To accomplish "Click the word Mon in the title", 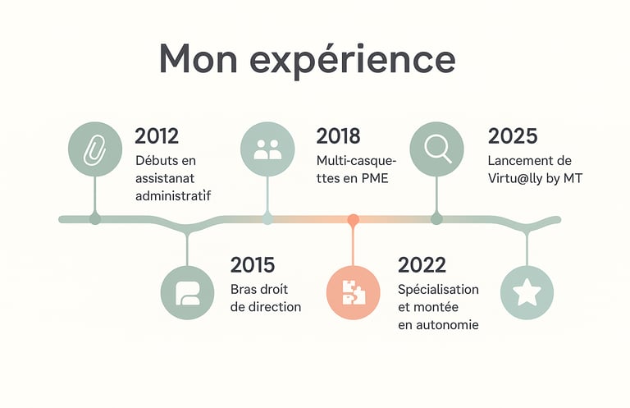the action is tap(199, 58).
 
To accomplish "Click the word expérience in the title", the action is tap(353, 61).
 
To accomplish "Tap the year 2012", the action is tap(157, 136).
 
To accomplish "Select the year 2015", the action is tap(253, 265).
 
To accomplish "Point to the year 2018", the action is tap(338, 136).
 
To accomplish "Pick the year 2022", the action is tap(422, 265).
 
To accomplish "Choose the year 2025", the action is tap(513, 136).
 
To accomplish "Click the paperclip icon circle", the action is tap(95, 149).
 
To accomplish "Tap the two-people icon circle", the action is tap(267, 149).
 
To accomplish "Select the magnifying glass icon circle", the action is tap(436, 149).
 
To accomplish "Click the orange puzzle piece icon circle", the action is tap(354, 292).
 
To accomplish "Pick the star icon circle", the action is tap(527, 292).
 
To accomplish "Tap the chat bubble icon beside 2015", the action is tap(187, 292).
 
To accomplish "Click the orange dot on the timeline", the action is tap(354, 219).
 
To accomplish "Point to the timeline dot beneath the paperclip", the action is tap(95, 219).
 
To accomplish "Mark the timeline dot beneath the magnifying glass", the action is tap(436, 219).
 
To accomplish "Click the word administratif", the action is tap(173, 195).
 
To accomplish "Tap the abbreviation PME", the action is tap(375, 178).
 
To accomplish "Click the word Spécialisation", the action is tap(438, 290).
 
